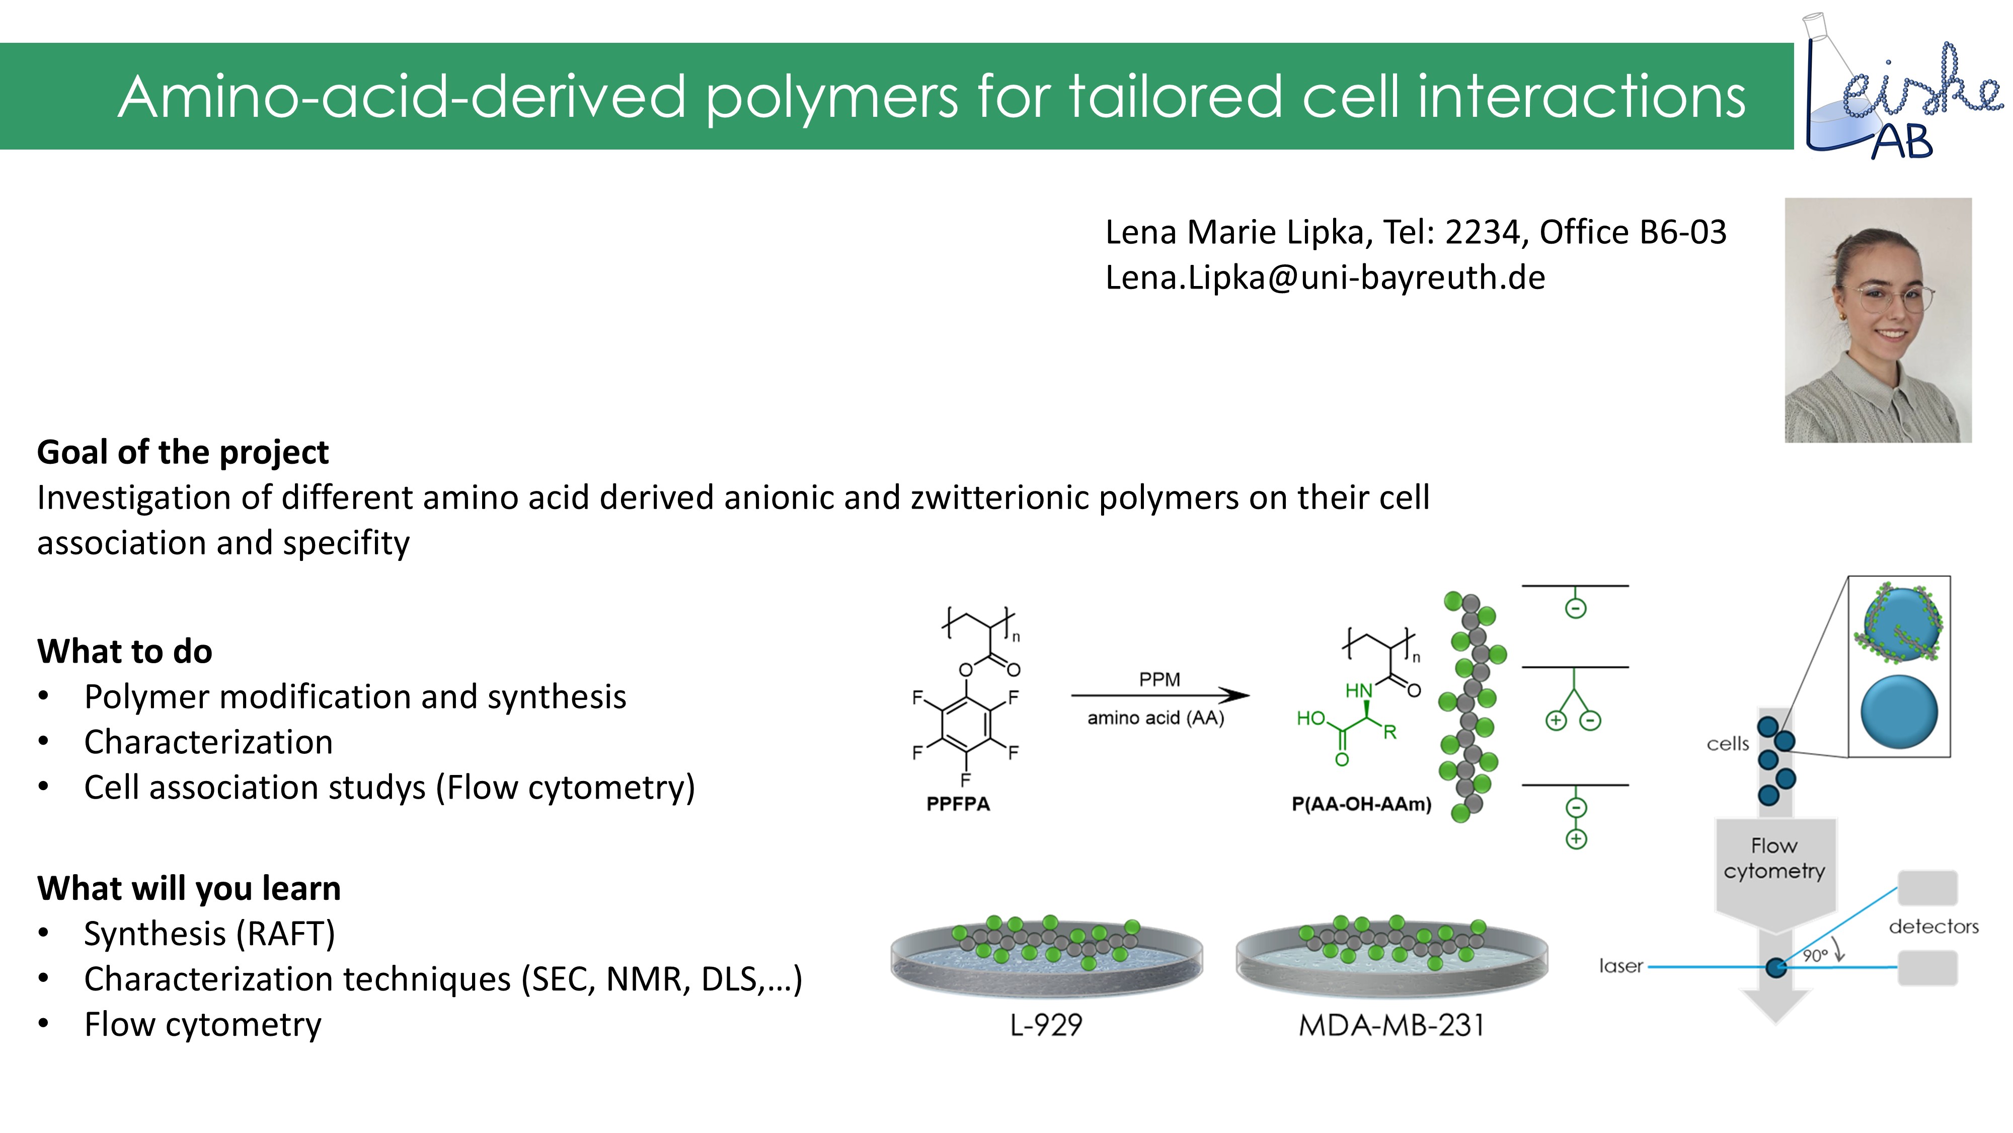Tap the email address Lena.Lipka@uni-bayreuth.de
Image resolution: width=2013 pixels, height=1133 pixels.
tap(1325, 277)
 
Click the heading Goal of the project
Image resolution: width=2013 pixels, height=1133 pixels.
tap(183, 452)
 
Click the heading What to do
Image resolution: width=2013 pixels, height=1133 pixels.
tap(124, 651)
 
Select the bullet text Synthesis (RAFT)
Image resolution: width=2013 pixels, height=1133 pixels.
tap(209, 934)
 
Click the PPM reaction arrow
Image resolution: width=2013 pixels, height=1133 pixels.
tap(1159, 695)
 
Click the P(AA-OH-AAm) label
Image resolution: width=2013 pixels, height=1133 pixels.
tap(1361, 804)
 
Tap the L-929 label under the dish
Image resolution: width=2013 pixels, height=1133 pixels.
tap(1046, 1024)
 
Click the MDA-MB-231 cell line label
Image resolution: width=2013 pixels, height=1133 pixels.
tap(1391, 1024)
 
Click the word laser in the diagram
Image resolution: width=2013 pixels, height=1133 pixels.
tap(1620, 966)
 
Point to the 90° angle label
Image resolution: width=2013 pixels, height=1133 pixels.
tap(1815, 955)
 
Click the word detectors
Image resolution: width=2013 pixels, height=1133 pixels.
tap(1933, 927)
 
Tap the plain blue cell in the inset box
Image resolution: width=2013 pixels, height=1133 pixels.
tap(1899, 712)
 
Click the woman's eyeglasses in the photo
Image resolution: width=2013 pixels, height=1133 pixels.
tap(1891, 298)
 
